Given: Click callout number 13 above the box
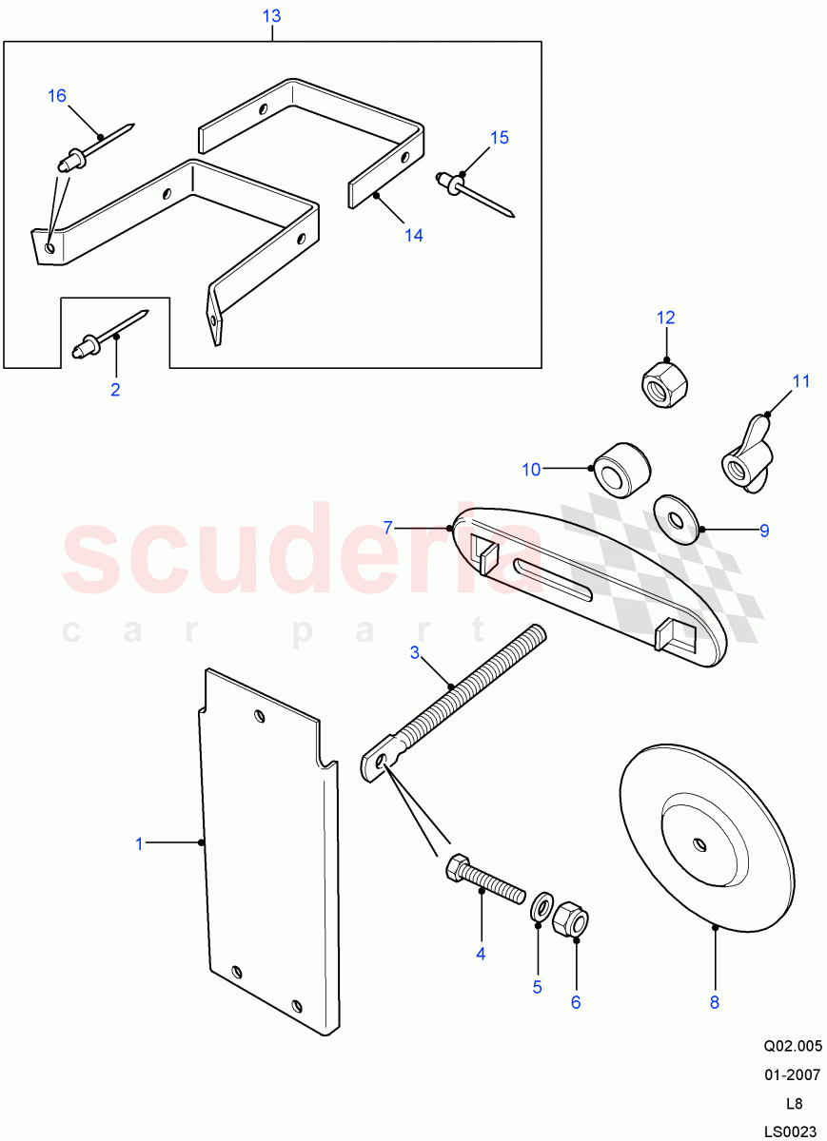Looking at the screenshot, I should pyautogui.click(x=271, y=17).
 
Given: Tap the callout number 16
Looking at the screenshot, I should pyautogui.click(x=57, y=96).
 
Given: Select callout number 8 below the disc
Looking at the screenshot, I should pyautogui.click(x=715, y=1001).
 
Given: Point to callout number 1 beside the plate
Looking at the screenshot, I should pyautogui.click(x=139, y=842).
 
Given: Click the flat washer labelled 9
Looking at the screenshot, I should pyautogui.click(x=677, y=519).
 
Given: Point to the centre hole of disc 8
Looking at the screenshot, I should pyautogui.click(x=699, y=843).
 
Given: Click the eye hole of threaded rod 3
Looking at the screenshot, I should pyautogui.click(x=382, y=761).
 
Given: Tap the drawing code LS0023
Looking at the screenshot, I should pyautogui.click(x=790, y=1129).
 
